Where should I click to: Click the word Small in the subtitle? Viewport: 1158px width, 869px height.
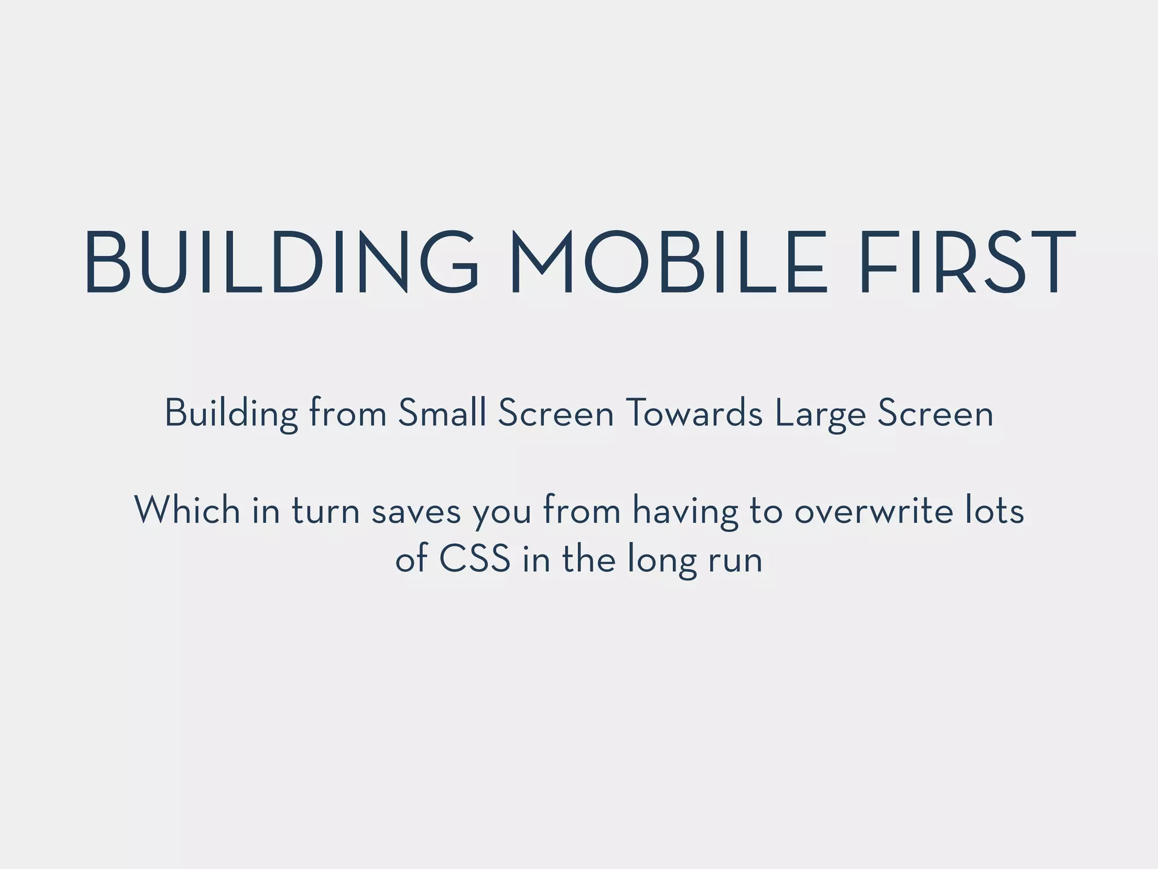click(x=442, y=412)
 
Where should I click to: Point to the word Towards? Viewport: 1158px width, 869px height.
click(x=695, y=412)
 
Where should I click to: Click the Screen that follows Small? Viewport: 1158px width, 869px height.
click(x=556, y=412)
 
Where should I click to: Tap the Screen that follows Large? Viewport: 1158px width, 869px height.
click(x=935, y=412)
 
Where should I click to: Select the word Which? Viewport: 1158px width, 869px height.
click(x=187, y=510)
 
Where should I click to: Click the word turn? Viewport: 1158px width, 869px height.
click(x=326, y=511)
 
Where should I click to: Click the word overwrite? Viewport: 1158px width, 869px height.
click(x=873, y=511)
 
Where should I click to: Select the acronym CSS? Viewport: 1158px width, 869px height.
click(x=474, y=559)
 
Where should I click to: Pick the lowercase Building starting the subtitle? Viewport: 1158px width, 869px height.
click(x=231, y=414)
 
